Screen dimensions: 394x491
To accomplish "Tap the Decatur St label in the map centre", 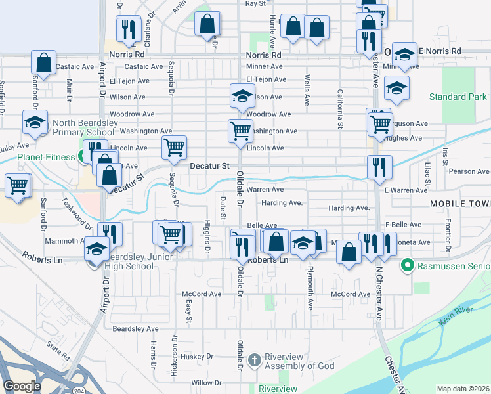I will click(x=209, y=167).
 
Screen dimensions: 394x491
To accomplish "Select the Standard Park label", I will click(x=458, y=97).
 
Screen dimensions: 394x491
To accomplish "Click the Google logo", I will click(x=22, y=386).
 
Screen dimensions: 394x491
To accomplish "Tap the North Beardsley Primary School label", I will click(x=89, y=127).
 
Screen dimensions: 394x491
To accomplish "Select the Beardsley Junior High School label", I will click(x=129, y=261).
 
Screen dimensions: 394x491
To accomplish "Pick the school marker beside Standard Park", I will click(x=396, y=87).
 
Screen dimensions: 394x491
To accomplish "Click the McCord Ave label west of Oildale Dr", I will click(x=202, y=294).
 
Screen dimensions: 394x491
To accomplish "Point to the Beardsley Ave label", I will click(x=135, y=328).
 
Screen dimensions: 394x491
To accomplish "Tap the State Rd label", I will click(x=58, y=351).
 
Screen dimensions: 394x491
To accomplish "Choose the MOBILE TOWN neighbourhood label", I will click(x=459, y=204).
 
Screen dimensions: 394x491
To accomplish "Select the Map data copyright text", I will click(x=463, y=389).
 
